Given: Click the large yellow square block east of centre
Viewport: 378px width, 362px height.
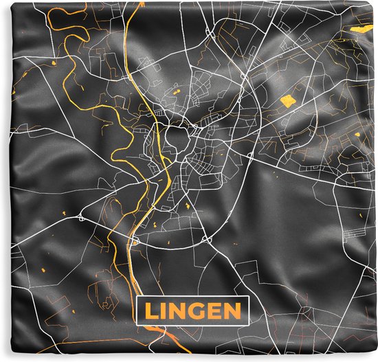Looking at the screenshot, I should click(x=287, y=102).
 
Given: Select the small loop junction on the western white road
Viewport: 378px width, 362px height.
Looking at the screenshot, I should click(x=80, y=218).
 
